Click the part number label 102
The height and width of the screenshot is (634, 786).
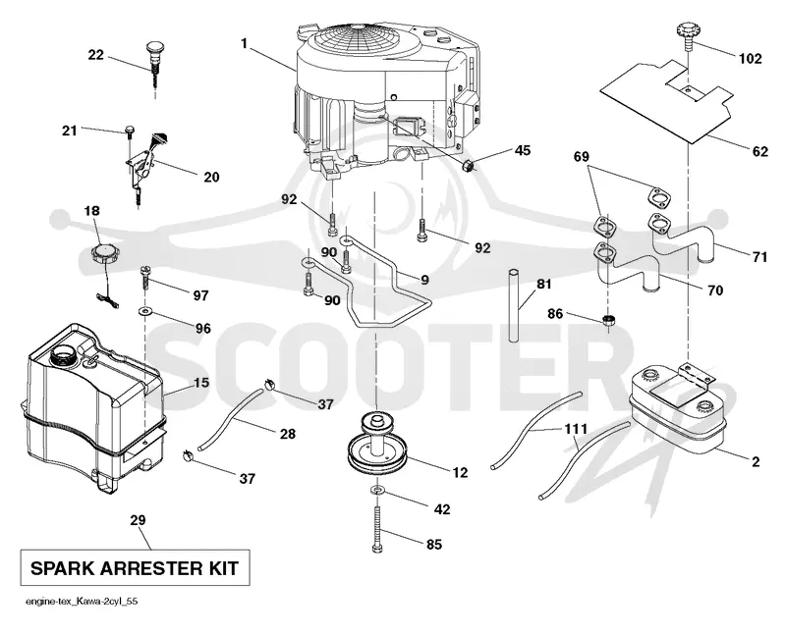pos(750,59)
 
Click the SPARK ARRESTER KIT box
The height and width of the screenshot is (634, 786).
pos(135,567)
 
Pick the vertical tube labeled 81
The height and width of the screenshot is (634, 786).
pos(514,305)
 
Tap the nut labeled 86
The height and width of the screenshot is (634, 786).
pos(608,321)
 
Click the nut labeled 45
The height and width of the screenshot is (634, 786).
pos(468,165)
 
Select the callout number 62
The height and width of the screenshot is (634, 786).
pos(759,151)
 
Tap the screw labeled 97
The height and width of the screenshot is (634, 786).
pos(145,277)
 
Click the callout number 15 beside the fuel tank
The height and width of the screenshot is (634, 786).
pos(201,383)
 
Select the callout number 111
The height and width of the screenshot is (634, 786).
pos(575,429)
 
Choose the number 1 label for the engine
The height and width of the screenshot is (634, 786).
pos(244,44)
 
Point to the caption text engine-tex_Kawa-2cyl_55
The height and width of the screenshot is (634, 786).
pos(82,602)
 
